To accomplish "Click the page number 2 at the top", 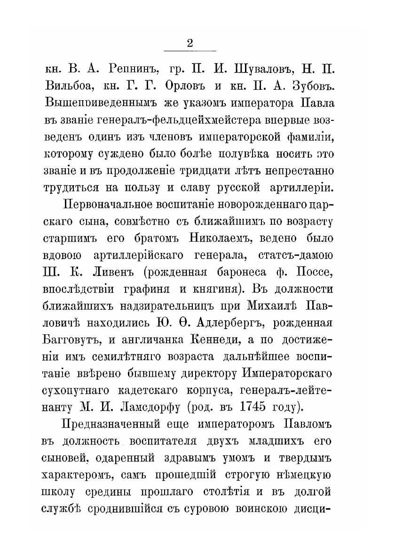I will pos(190,43).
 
